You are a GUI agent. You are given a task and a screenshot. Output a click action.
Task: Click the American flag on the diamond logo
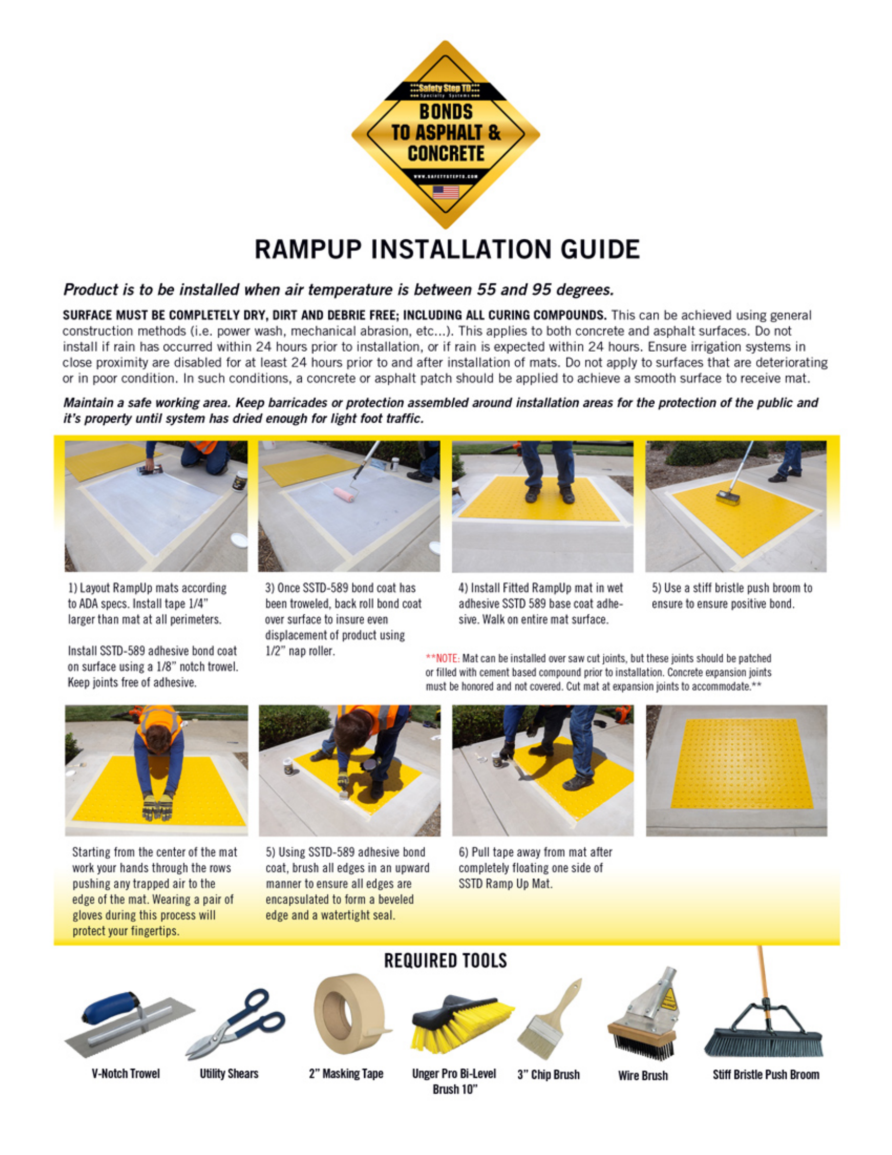click(445, 192)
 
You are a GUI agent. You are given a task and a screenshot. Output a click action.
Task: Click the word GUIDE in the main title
click(600, 249)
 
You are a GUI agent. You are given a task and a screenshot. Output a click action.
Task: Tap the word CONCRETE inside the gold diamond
click(445, 154)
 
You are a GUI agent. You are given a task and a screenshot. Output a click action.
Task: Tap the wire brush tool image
click(643, 1018)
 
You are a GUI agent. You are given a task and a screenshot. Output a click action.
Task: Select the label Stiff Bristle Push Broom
click(766, 1074)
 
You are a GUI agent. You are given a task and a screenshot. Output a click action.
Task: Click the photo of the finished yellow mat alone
click(736, 771)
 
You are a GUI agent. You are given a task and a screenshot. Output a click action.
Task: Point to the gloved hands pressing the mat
click(158, 808)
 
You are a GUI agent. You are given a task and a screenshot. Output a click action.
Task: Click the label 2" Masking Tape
click(346, 1074)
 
